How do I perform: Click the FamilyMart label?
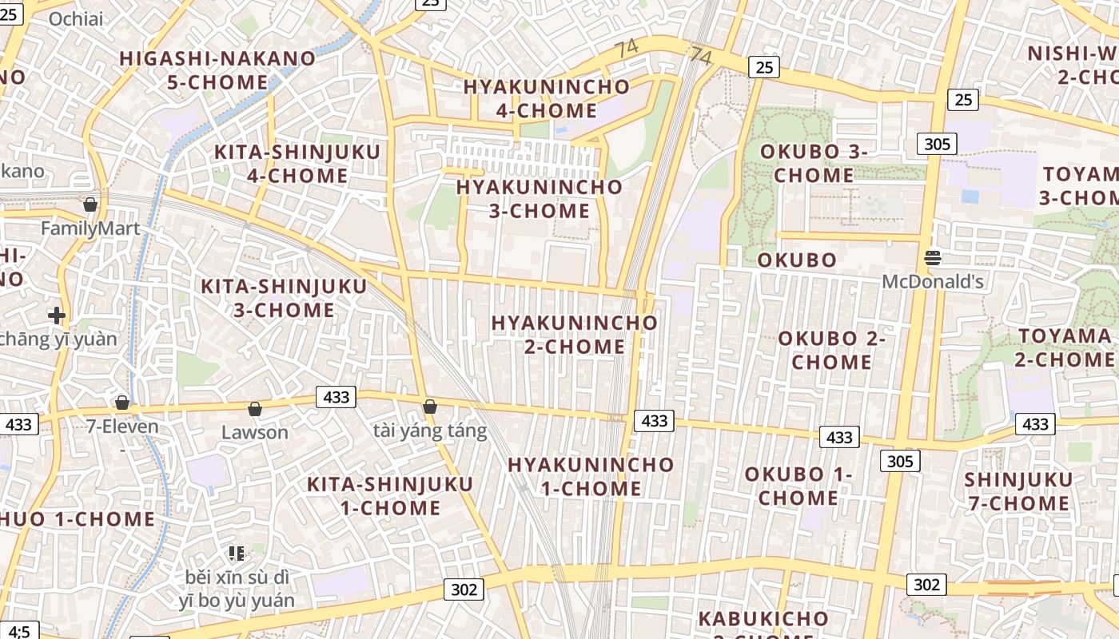[90, 228]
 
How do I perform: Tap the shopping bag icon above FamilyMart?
[90, 204]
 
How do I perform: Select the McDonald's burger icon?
[933, 257]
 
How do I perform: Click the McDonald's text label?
[933, 281]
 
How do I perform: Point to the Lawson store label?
[254, 432]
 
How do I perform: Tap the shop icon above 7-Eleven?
[122, 402]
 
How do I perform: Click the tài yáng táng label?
[430, 431]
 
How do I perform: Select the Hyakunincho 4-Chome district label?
[547, 98]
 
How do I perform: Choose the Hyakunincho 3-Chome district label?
[540, 199]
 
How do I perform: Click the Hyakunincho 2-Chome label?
[575, 335]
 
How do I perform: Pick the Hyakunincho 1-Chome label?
[591, 476]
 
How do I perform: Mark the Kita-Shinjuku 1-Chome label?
[390, 495]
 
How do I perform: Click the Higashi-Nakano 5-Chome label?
[217, 70]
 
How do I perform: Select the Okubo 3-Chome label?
[814, 163]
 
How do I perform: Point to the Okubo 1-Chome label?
[798, 486]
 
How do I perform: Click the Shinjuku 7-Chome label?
[1017, 491]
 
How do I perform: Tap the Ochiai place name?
[76, 18]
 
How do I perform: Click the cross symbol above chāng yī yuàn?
[57, 316]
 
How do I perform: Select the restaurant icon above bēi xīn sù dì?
[236, 552]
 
